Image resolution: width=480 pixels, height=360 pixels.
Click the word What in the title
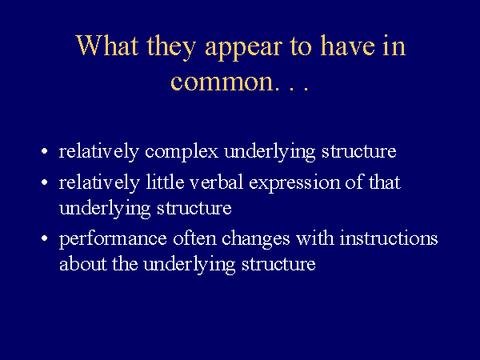click(107, 46)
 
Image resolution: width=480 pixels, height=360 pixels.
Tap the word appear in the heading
click(243, 48)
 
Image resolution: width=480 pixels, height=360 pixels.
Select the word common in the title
click(222, 82)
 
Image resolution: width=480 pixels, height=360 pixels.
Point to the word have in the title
click(347, 46)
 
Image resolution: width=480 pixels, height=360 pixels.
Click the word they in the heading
click(171, 48)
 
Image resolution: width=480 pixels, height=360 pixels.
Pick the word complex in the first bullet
click(182, 151)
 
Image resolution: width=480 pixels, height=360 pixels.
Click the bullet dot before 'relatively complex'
click(45, 151)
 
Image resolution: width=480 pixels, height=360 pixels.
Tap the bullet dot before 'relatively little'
click(45, 182)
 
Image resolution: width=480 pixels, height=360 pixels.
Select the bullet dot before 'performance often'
click(45, 238)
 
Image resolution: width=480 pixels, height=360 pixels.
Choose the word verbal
click(217, 182)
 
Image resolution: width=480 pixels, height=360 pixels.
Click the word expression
click(294, 183)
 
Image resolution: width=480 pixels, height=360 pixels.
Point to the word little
click(165, 182)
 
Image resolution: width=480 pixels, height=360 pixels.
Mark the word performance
click(113, 239)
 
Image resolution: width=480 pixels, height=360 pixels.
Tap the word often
click(194, 238)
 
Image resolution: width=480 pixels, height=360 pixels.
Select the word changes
click(255, 239)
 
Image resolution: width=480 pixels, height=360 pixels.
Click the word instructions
click(389, 238)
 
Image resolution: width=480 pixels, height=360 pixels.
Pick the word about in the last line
click(83, 263)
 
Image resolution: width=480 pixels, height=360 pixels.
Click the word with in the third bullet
click(314, 238)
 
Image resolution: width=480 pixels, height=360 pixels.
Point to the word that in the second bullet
click(384, 182)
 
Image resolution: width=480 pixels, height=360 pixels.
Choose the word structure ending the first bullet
click(358, 151)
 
